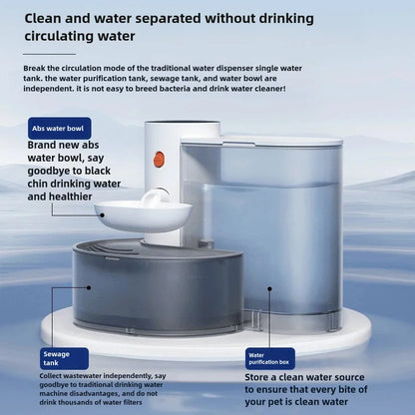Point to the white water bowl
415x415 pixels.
[142, 211]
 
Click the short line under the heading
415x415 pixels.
[50, 54]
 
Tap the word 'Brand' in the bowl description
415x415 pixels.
[48, 145]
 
